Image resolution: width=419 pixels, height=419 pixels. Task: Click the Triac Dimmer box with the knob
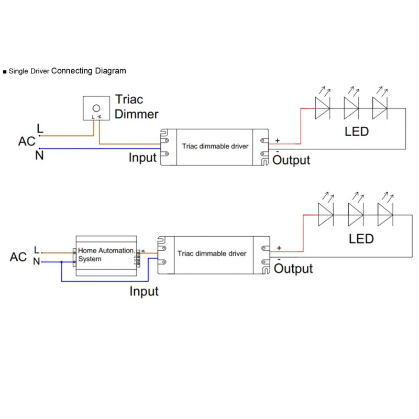(96, 108)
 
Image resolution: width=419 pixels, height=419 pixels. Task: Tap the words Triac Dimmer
(136, 106)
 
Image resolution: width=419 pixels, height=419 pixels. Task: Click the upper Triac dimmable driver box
(215, 146)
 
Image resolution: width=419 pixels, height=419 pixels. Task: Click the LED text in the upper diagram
(356, 131)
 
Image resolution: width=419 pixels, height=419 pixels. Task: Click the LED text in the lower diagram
(361, 239)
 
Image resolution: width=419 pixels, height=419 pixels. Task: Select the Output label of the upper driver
(292, 160)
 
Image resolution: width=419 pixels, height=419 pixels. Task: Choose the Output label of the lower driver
(293, 269)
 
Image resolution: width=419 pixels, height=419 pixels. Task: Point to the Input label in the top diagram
(143, 157)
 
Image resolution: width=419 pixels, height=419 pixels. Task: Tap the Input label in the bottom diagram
(144, 291)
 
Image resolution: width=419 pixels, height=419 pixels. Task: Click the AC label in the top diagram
(27, 141)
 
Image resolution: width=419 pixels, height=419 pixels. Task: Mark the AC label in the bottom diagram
(18, 257)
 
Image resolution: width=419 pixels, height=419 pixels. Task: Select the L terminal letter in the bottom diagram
(36, 250)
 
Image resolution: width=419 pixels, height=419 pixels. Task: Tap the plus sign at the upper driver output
(277, 140)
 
